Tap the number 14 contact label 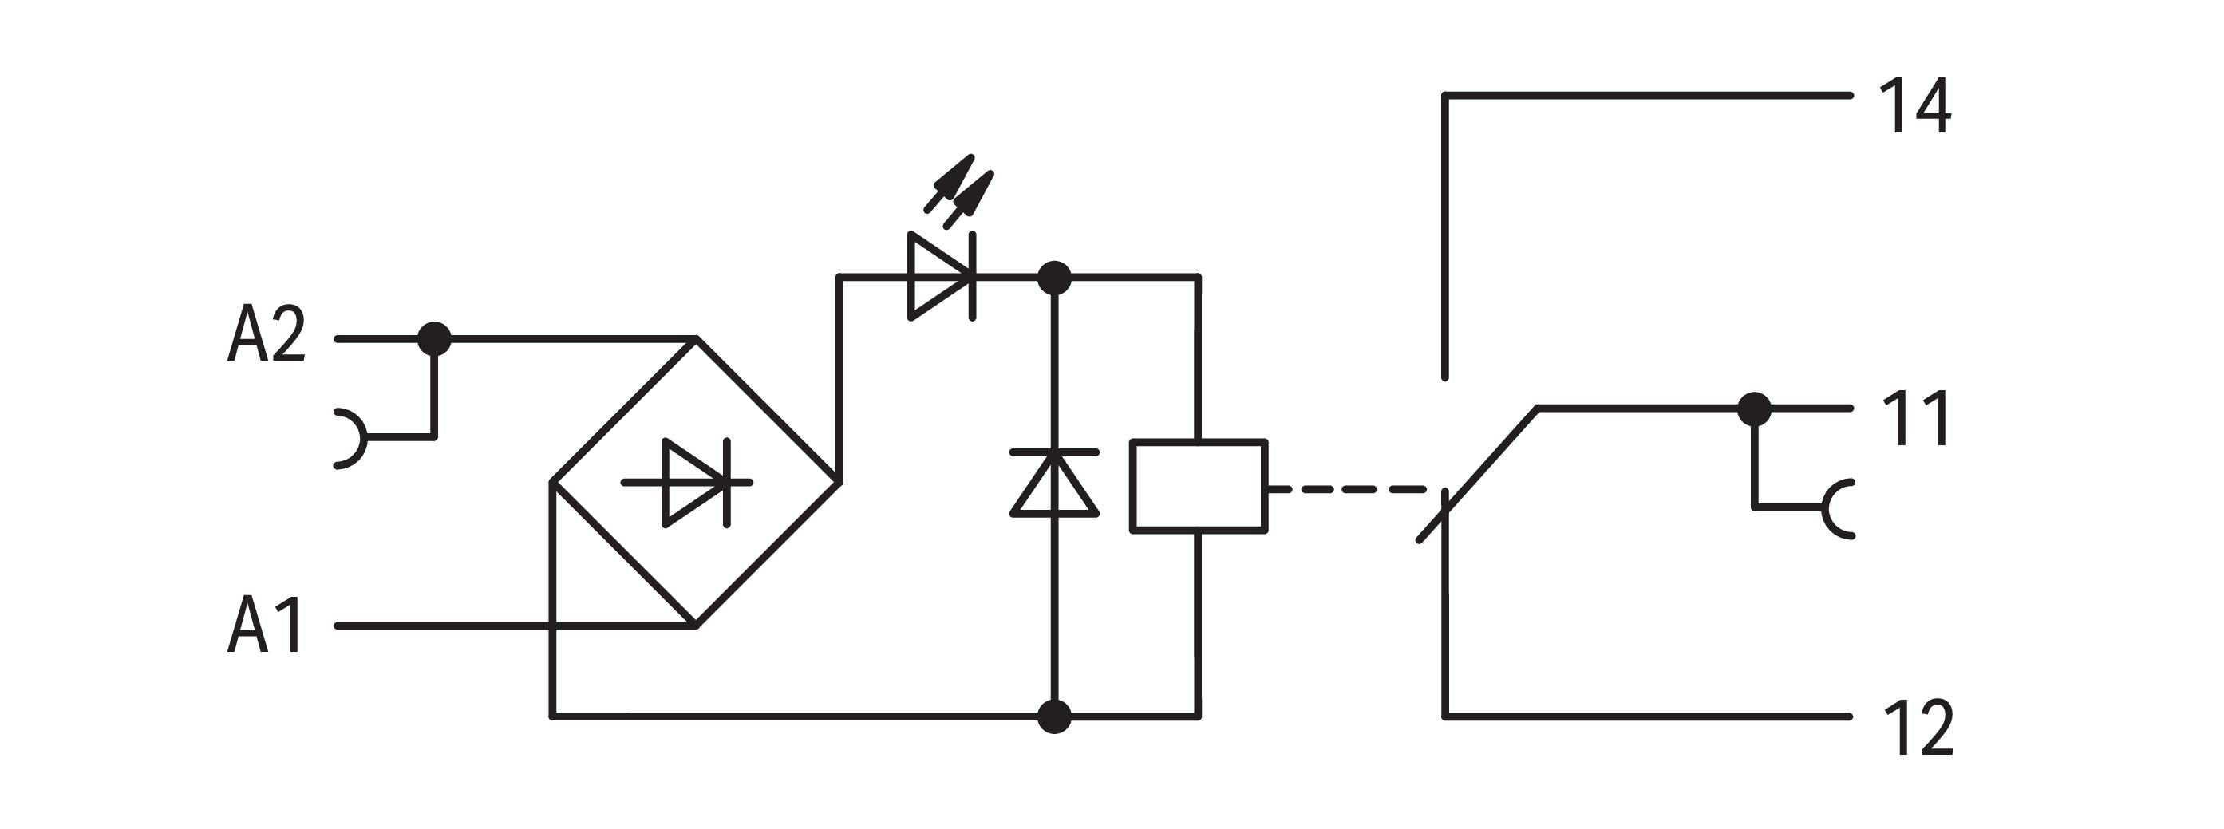point(1915,106)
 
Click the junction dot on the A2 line point(434,338)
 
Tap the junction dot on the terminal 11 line point(1753,409)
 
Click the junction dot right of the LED point(1054,278)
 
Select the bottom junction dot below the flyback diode point(1054,716)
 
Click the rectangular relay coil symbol point(1199,486)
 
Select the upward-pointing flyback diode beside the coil point(1054,484)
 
